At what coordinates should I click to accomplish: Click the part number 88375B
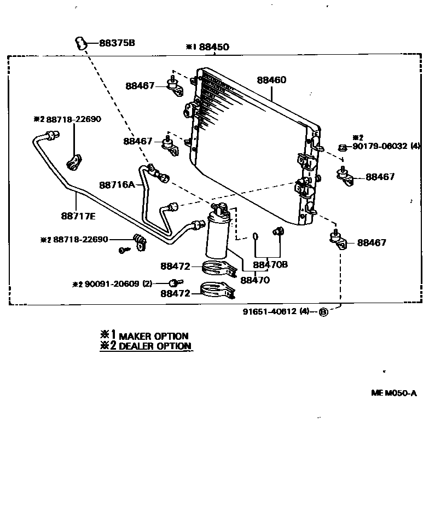[117, 43]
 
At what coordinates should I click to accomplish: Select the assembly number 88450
[214, 48]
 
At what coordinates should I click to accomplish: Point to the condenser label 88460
[271, 80]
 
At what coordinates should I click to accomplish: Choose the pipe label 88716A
[117, 185]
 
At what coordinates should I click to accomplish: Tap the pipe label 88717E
[78, 216]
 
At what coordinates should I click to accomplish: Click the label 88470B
[270, 265]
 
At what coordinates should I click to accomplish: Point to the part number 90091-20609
[112, 283]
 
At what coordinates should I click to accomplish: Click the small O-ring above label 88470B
[256, 236]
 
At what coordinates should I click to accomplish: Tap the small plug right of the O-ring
[277, 232]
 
